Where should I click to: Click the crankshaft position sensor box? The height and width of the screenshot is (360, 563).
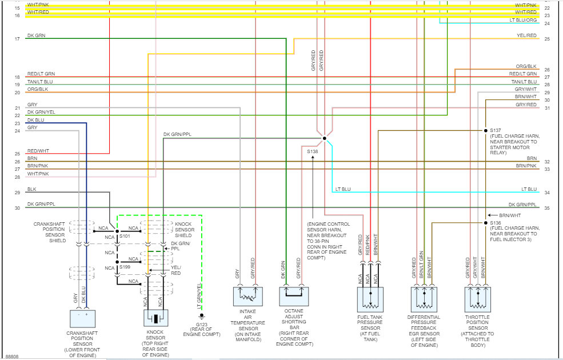click(x=82, y=319)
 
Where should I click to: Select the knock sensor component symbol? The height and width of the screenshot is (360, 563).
click(x=156, y=318)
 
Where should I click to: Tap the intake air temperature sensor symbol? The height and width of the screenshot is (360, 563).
click(x=247, y=297)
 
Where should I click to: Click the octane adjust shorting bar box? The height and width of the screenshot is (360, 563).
click(x=294, y=297)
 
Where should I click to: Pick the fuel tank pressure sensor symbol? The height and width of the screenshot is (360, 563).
click(x=370, y=299)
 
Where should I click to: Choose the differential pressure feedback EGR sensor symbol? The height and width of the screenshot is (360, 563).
click(x=424, y=299)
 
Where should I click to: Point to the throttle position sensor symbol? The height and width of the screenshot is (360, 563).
click(x=478, y=299)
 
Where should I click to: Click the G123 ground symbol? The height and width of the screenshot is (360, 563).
click(x=202, y=316)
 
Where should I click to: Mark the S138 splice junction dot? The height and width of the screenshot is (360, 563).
click(x=325, y=138)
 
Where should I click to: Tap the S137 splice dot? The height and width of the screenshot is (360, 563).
click(x=486, y=131)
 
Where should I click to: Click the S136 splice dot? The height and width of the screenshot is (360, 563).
click(x=486, y=223)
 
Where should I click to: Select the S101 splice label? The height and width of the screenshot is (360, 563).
click(x=125, y=236)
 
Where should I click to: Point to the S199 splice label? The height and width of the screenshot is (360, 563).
click(x=125, y=267)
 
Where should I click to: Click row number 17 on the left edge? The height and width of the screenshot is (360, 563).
click(x=17, y=39)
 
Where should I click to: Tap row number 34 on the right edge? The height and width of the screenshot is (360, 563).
click(x=547, y=193)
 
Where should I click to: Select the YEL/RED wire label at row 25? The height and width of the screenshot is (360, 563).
click(x=527, y=35)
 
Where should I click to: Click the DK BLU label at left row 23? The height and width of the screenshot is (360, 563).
click(x=36, y=120)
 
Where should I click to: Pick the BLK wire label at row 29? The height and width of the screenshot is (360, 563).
click(x=32, y=189)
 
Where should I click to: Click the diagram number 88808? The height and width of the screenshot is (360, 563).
click(x=11, y=357)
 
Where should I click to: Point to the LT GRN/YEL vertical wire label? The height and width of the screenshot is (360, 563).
click(x=199, y=296)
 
